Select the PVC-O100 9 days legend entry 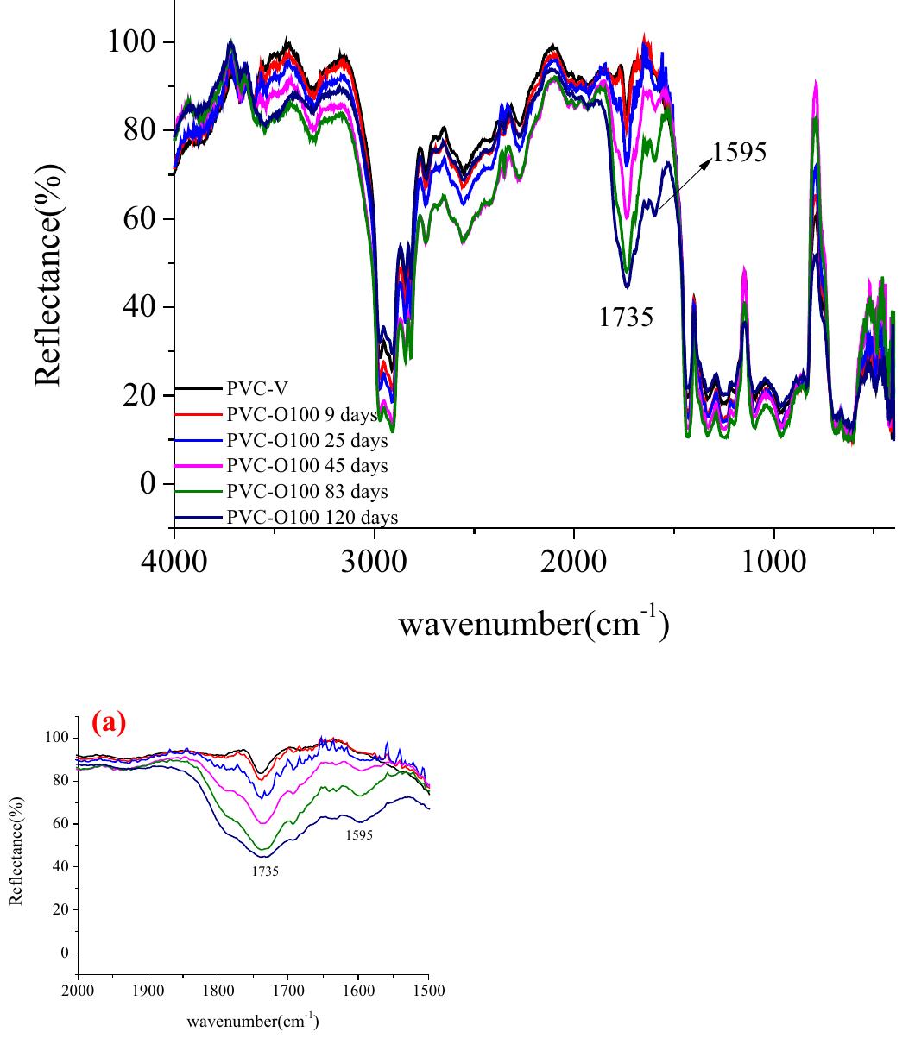[x=302, y=416]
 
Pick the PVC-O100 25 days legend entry [x=307, y=441]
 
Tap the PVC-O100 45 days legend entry [x=307, y=466]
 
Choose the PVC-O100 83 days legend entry [x=307, y=492]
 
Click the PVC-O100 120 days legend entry [x=312, y=517]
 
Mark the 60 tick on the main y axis [x=138, y=218]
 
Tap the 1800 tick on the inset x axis [x=218, y=991]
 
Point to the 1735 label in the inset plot [x=265, y=871]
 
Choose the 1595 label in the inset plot [x=358, y=835]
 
